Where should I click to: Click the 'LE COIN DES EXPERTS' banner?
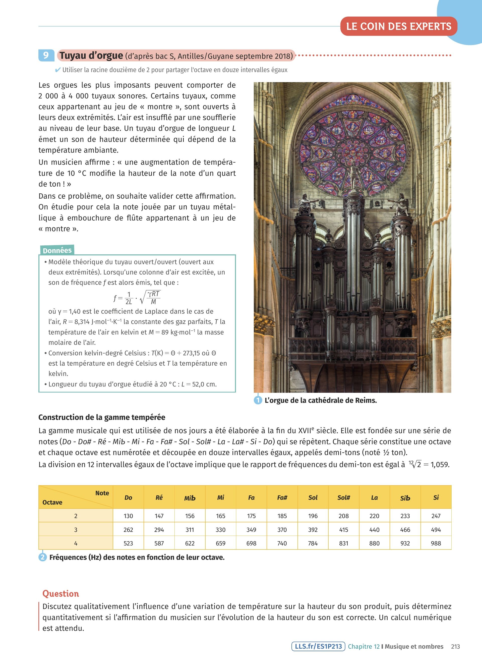(x=399, y=26)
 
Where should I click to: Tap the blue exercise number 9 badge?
(x=46, y=55)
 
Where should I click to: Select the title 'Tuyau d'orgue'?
(x=91, y=55)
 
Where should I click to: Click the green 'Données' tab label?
(x=57, y=250)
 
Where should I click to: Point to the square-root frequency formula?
(x=137, y=297)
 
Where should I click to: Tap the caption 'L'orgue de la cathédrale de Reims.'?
(x=320, y=400)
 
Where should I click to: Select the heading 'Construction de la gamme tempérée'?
(x=102, y=417)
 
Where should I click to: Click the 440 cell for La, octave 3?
(x=374, y=530)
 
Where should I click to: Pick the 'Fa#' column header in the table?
(x=282, y=497)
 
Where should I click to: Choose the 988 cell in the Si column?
(x=436, y=543)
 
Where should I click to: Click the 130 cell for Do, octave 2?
(x=128, y=516)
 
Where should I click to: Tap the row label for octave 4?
(x=76, y=543)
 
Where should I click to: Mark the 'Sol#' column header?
(x=343, y=497)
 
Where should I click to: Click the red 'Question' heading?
(x=61, y=593)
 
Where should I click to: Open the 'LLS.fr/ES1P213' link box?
(x=318, y=646)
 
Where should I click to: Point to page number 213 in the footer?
(x=455, y=646)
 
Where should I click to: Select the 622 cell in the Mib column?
(x=190, y=543)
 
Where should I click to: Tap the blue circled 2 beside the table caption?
(x=43, y=557)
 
